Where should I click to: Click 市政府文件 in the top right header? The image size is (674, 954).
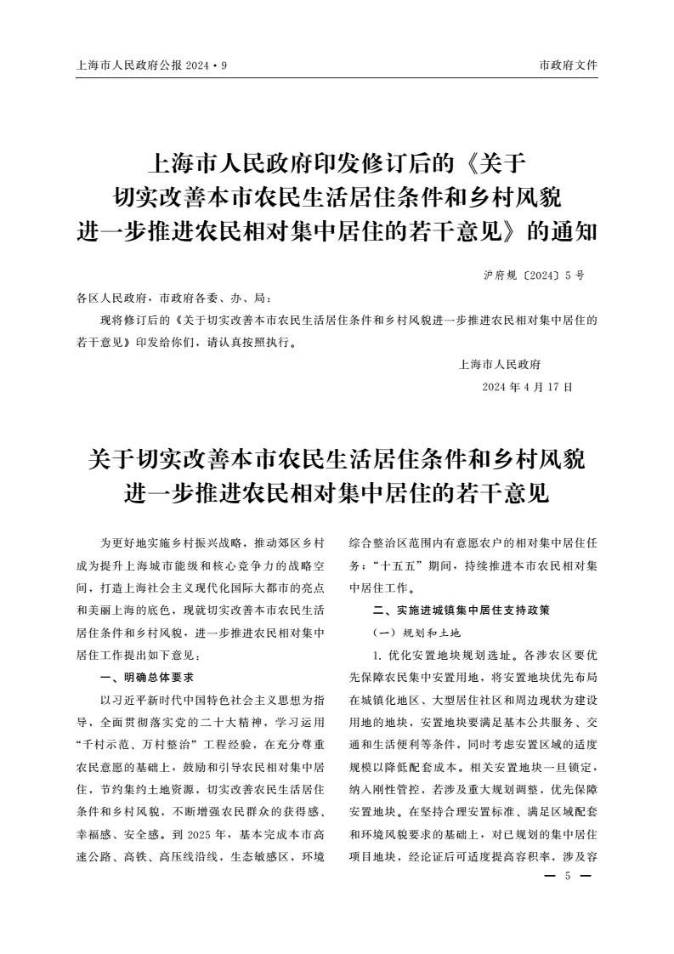(569, 65)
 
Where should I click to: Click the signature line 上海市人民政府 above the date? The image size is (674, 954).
(499, 365)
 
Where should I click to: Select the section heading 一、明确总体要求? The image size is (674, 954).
(147, 678)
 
